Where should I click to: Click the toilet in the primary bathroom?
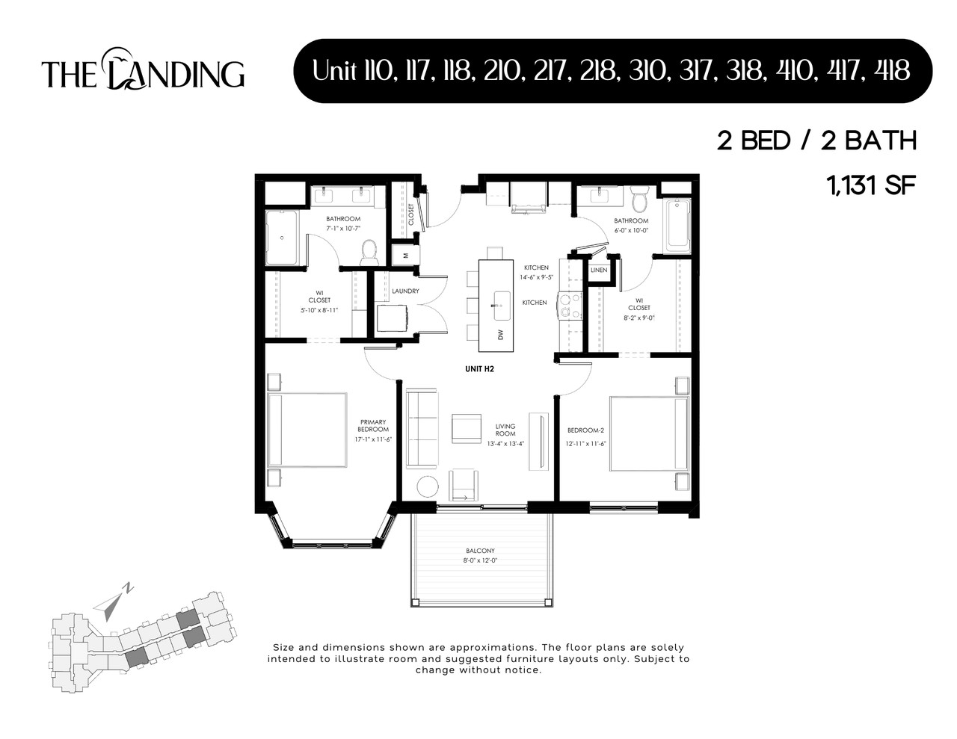click(369, 251)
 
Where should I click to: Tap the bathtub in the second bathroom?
click(679, 223)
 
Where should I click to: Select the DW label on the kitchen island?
click(500, 334)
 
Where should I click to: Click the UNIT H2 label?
click(479, 368)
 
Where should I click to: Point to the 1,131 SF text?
click(871, 185)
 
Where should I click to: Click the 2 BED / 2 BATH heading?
click(816, 140)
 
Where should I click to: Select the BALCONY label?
click(480, 551)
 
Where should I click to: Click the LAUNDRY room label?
click(405, 291)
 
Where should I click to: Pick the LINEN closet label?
click(599, 270)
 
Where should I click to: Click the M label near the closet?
click(405, 255)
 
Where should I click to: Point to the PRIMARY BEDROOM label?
click(374, 425)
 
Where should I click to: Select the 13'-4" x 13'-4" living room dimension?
click(505, 443)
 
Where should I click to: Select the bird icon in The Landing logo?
click(119, 56)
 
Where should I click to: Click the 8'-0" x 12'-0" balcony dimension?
click(480, 560)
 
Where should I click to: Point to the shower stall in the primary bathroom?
click(283, 238)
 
